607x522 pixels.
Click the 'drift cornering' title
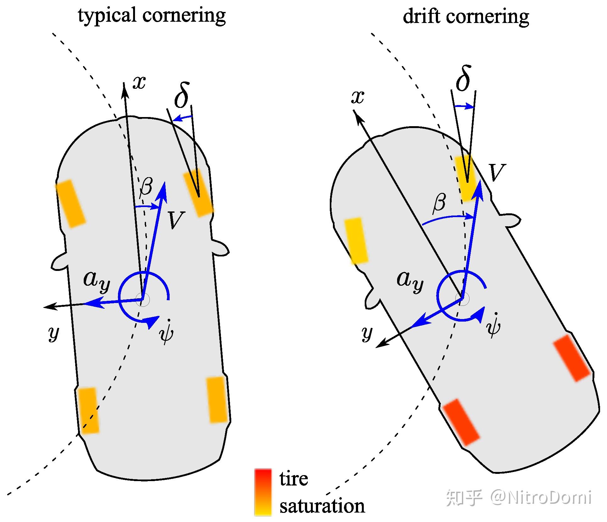(466, 16)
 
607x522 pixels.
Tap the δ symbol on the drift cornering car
(463, 79)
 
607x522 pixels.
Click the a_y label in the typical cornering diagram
(97, 280)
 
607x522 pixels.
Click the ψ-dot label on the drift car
(493, 324)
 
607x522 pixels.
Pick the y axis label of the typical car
(54, 333)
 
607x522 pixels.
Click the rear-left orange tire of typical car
(88, 410)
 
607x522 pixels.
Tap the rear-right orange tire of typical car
(217, 400)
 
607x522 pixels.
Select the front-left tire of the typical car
(70, 203)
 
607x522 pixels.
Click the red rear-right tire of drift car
(571, 358)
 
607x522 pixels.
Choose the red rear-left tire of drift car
(461, 422)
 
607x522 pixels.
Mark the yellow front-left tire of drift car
(356, 240)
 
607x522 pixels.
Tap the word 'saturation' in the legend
(322, 506)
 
